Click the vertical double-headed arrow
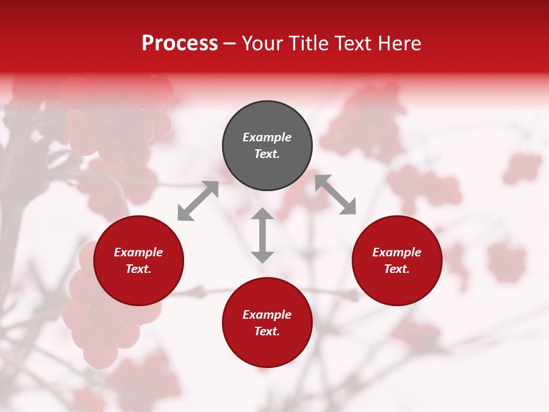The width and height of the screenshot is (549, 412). coord(262,235)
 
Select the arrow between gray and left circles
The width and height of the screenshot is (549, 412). coord(198,201)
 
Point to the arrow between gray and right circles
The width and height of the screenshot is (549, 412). coord(336,195)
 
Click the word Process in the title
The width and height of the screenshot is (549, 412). coord(180,43)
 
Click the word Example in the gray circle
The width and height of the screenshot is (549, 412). coord(267,137)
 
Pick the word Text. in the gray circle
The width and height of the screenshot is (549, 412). coord(267,154)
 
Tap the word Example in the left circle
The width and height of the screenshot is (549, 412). coord(138,252)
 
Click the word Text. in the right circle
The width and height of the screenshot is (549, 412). coord(397,269)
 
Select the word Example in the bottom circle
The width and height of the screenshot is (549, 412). coord(267,315)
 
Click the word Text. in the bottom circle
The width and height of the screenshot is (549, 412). coord(267,331)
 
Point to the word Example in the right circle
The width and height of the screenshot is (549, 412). coord(397,252)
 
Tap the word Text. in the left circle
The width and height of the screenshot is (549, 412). coord(138,269)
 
